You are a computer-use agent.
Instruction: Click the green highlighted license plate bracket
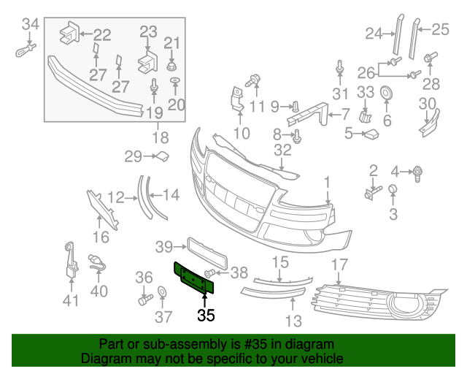coord(193,278)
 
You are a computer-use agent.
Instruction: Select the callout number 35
coord(207,316)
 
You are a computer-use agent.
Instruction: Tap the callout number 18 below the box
coord(160,137)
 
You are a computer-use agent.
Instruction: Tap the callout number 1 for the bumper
coord(328,180)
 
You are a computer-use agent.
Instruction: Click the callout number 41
coord(69,300)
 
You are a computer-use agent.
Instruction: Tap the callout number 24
coord(374,32)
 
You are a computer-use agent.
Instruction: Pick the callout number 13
coord(293,319)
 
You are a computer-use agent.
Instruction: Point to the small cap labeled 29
coord(163,155)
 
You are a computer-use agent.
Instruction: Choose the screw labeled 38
coord(210,273)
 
